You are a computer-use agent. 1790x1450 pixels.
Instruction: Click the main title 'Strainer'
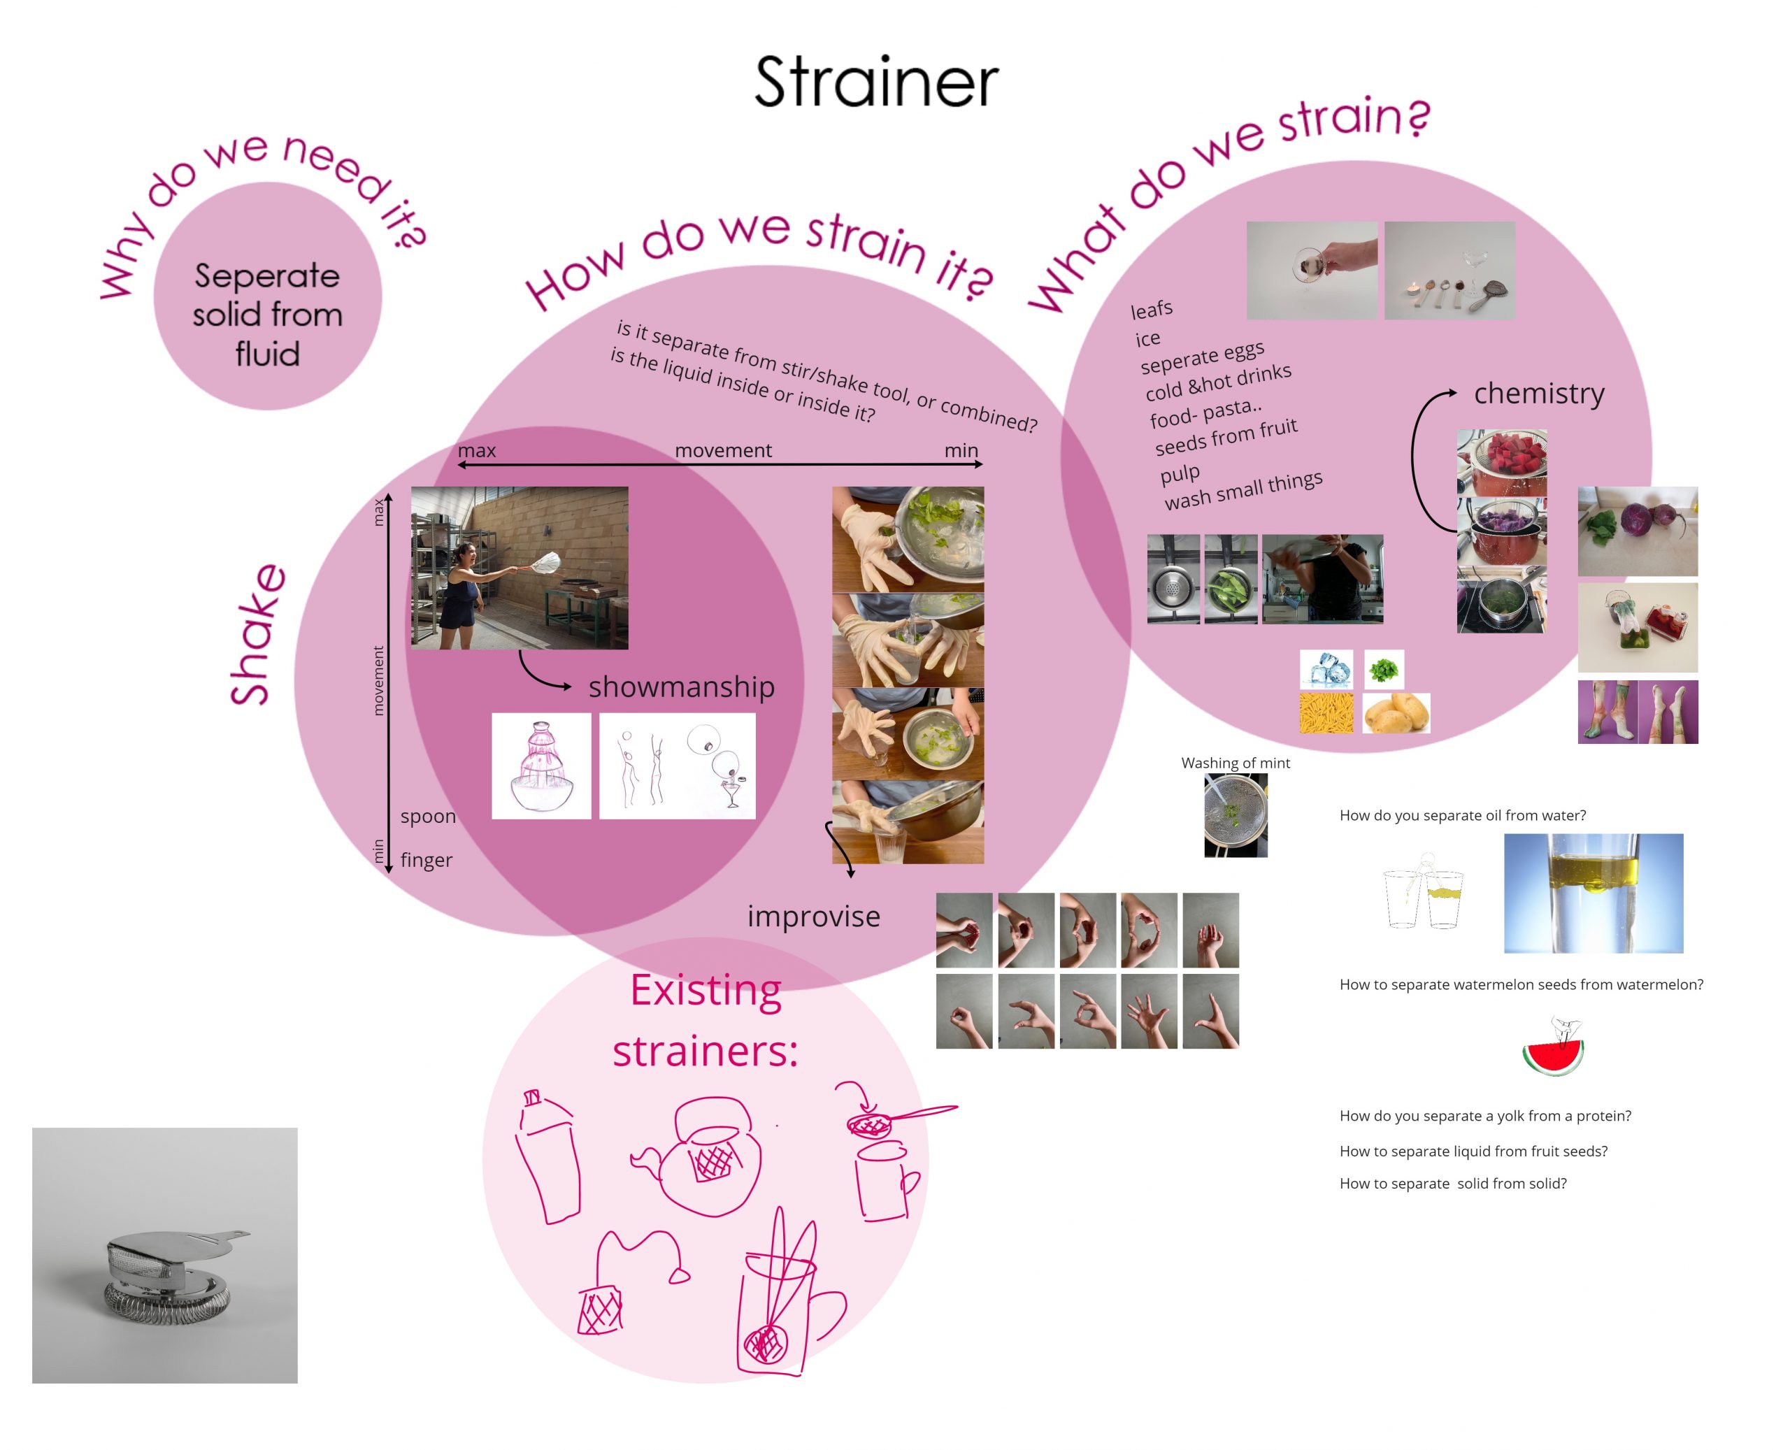(x=876, y=82)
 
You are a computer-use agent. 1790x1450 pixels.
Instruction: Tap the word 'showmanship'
(x=681, y=687)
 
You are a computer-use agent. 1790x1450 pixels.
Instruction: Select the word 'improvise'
(x=812, y=917)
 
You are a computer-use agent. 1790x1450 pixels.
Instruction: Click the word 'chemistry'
(x=1538, y=394)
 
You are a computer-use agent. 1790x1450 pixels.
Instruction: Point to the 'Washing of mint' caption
(x=1235, y=763)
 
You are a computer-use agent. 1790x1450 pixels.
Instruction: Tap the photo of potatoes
(x=1396, y=713)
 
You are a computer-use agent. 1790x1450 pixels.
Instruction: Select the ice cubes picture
(x=1326, y=668)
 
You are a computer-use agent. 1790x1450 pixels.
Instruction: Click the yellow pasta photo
(x=1326, y=713)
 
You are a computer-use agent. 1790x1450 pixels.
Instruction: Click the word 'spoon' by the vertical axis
(x=428, y=816)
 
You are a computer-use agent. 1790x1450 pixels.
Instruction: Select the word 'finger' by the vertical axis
(x=426, y=859)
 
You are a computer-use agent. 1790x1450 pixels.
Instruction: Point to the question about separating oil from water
(x=1462, y=815)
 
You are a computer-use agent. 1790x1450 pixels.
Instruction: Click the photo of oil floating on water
(x=1593, y=893)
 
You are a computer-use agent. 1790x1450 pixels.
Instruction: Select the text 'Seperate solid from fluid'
(x=267, y=314)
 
